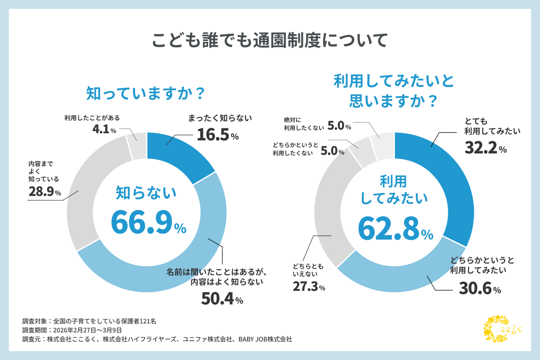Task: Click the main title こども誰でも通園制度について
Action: pos(270,40)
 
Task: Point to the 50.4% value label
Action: pos(222,299)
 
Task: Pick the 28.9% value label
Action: pos(44,192)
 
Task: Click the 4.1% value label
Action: pos(103,130)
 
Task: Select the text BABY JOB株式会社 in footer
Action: pos(265,339)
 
